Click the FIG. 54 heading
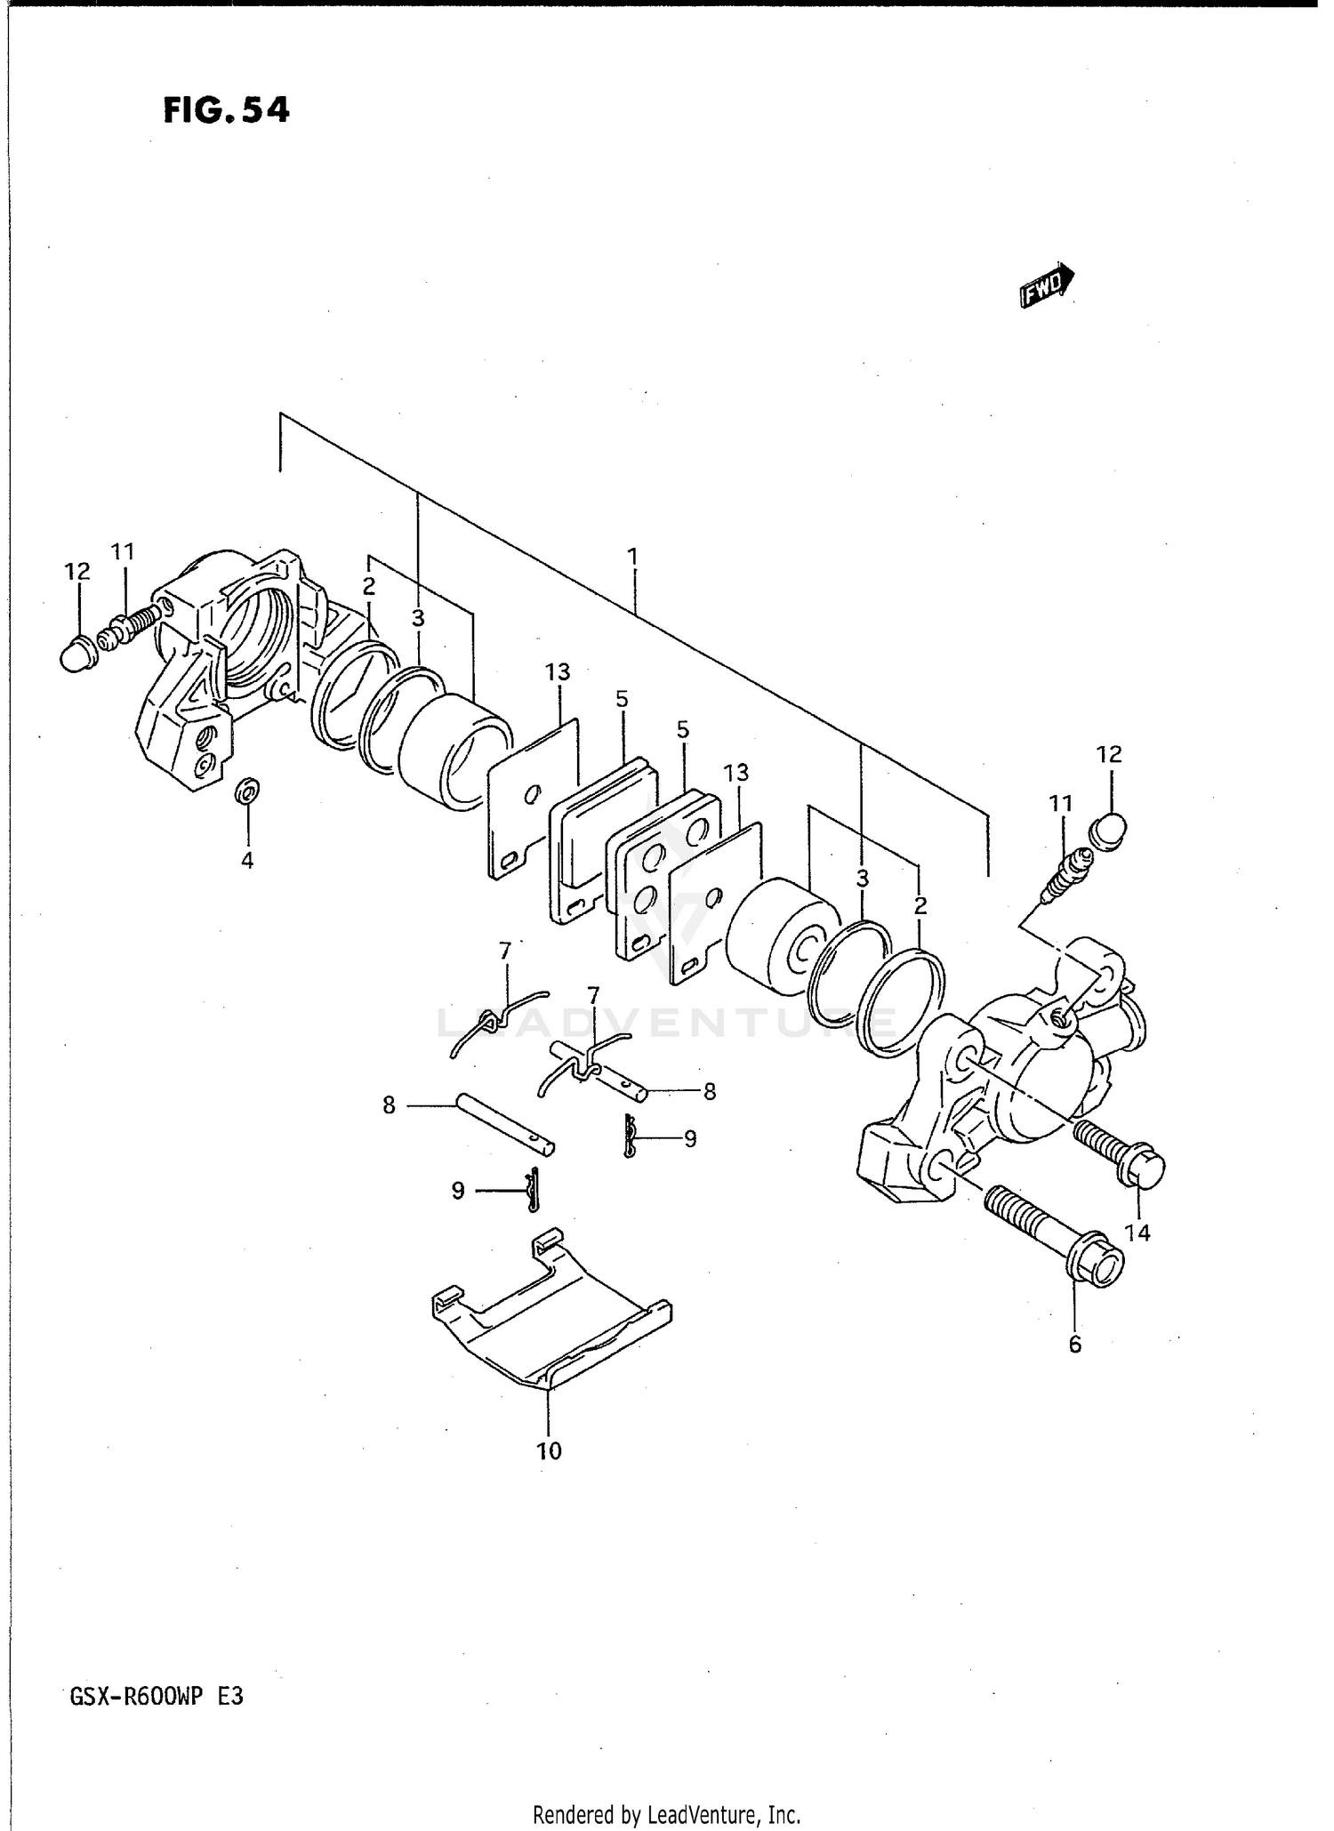tap(226, 110)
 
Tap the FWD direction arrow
tap(1047, 285)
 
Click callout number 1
tap(632, 558)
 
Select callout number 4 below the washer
tap(247, 860)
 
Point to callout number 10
tap(549, 1451)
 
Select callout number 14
tap(1137, 1233)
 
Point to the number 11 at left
tap(123, 552)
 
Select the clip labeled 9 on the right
tap(631, 1138)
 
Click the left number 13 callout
tap(558, 672)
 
